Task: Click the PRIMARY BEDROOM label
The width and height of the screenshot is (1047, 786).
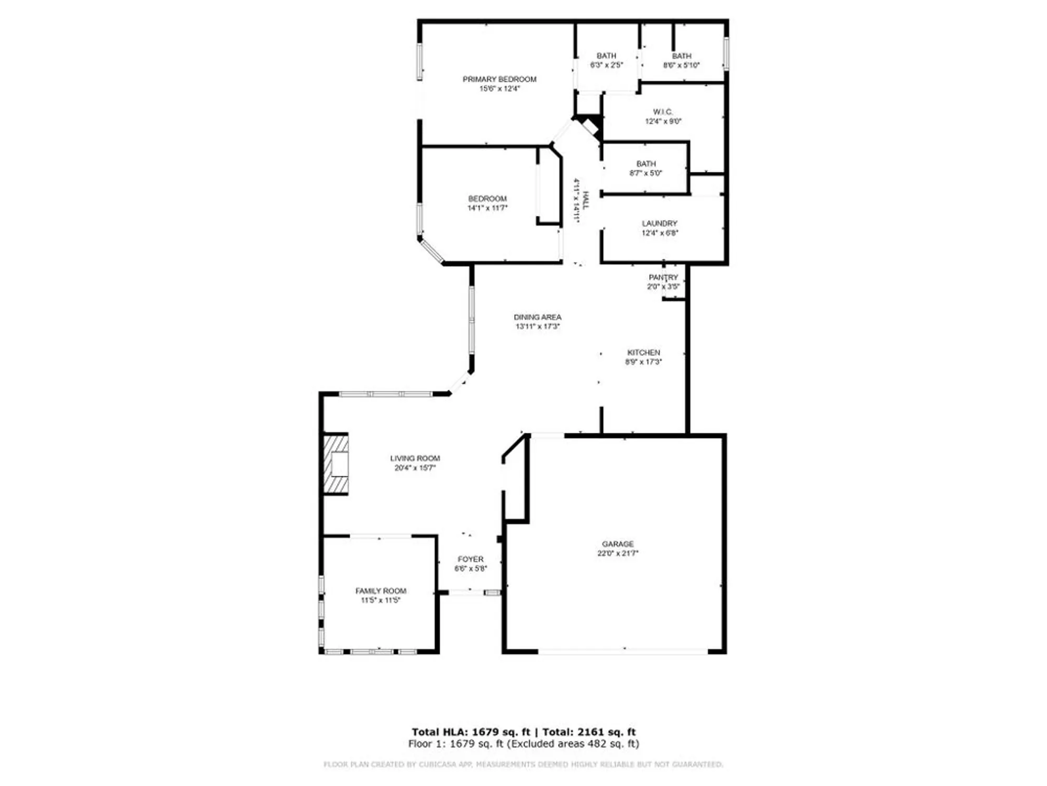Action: click(x=499, y=79)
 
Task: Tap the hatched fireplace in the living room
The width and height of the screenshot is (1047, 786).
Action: click(x=336, y=464)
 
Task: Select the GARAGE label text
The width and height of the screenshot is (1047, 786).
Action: click(x=618, y=544)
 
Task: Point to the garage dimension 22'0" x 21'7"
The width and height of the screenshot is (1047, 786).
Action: click(x=618, y=553)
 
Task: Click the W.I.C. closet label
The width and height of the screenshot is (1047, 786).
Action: click(x=663, y=112)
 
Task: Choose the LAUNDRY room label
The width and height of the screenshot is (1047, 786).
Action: click(x=660, y=223)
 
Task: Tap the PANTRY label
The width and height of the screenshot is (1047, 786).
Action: click(x=663, y=277)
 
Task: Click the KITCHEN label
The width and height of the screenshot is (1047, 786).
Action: click(x=643, y=353)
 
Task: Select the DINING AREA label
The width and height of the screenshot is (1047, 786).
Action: click(x=537, y=317)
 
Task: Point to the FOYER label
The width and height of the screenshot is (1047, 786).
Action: click(x=471, y=559)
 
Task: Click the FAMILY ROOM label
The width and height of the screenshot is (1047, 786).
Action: click(x=381, y=591)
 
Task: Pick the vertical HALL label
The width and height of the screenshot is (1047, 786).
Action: click(x=585, y=200)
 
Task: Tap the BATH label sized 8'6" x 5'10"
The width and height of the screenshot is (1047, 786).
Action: click(x=682, y=56)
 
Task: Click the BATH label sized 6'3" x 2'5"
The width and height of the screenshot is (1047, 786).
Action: click(x=606, y=56)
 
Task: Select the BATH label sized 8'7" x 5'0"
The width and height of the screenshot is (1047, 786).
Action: click(x=646, y=164)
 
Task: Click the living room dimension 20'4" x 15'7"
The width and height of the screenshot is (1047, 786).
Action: click(x=415, y=468)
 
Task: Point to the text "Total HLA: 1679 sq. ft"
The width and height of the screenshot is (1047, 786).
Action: click(x=471, y=732)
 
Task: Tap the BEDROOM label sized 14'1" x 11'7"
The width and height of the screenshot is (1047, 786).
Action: click(x=487, y=199)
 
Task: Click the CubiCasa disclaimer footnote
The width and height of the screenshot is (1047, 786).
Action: click(x=523, y=765)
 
